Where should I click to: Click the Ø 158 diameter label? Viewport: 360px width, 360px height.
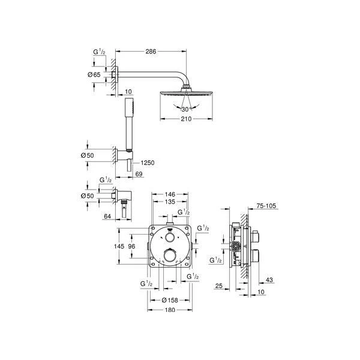pyautogui.click(x=170, y=301)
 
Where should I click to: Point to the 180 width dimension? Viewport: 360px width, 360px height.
pyautogui.click(x=170, y=310)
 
